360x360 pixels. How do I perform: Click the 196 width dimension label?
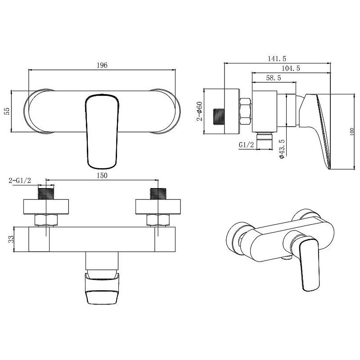coord(102,65)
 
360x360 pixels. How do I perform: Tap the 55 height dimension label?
coord(7,111)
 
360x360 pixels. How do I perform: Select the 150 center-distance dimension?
coord(102,175)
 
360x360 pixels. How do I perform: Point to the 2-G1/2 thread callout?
coord(20,180)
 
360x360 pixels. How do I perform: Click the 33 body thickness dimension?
coord(11,239)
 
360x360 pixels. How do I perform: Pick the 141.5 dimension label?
coord(277,59)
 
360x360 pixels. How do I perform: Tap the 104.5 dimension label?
coord(291,68)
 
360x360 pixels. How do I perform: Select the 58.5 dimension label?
coord(274,78)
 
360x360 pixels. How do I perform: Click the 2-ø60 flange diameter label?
coord(199,111)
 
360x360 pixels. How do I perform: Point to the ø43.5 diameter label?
coord(282,149)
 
